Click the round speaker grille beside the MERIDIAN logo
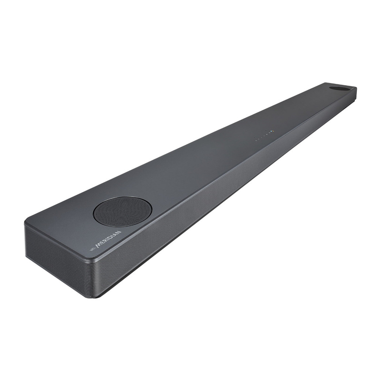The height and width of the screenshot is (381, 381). tap(122, 211)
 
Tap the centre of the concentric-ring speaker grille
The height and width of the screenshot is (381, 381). tap(122, 211)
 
